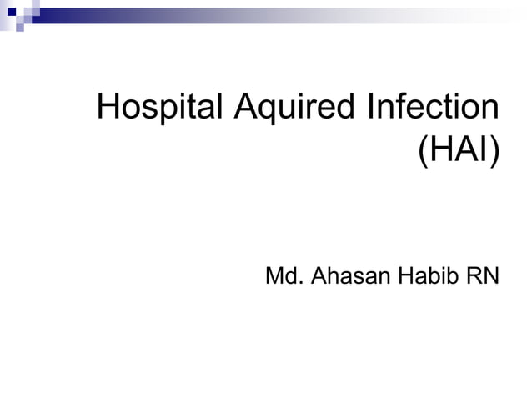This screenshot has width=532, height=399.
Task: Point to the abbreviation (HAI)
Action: (458, 151)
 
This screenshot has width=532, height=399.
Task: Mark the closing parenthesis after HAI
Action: (494, 152)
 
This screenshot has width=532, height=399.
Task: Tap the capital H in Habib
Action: (401, 275)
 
